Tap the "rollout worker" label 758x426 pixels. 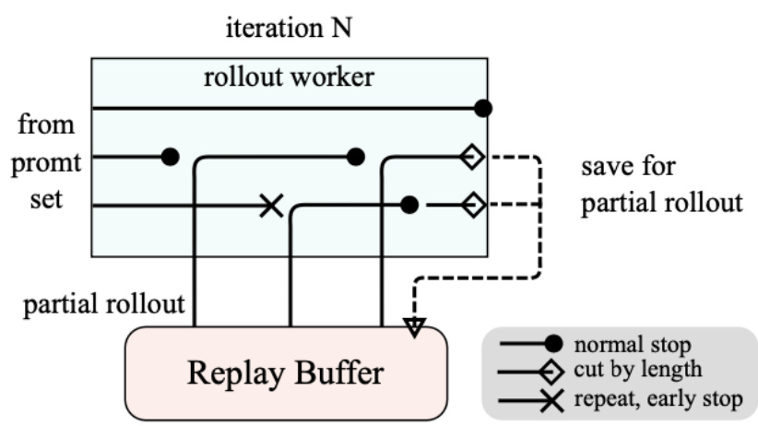(289, 77)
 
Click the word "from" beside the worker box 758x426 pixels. (48, 124)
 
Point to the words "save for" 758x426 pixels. (628, 169)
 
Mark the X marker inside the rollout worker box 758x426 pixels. (270, 205)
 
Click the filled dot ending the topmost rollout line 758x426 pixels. (482, 109)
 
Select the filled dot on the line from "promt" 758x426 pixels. (170, 157)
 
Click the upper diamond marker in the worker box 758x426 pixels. (472, 158)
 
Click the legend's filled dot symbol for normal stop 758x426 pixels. (554, 346)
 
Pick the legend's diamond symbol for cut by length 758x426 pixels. (554, 373)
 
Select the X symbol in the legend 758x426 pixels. (554, 399)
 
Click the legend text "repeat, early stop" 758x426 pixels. (657, 399)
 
